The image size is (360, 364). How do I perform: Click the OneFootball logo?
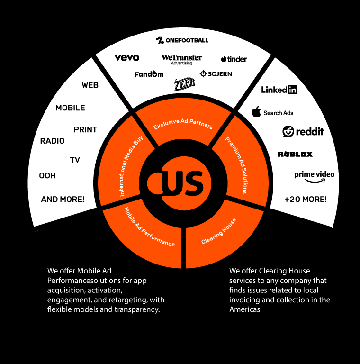[x=182, y=40]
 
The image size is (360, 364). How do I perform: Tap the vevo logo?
[x=127, y=58]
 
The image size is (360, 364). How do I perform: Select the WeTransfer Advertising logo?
[x=181, y=59]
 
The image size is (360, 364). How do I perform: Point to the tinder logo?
[x=234, y=59]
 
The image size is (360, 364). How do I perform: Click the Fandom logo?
[x=149, y=74]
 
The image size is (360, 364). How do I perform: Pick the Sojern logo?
[x=216, y=74]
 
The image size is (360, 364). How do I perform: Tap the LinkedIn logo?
[x=279, y=90]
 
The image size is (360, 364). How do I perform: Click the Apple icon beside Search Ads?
[x=256, y=112]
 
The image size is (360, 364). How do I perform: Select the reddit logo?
[x=303, y=131]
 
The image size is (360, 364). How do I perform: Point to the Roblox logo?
[x=295, y=154]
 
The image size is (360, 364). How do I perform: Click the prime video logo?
[x=314, y=176]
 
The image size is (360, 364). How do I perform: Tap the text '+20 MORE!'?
[x=306, y=199]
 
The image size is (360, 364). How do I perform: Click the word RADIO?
[x=52, y=141]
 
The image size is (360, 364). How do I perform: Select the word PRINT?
[x=85, y=129]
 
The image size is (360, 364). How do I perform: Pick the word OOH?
[x=47, y=175]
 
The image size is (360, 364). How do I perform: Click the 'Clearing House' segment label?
[x=218, y=231]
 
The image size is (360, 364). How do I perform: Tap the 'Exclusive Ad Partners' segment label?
[x=183, y=123]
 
